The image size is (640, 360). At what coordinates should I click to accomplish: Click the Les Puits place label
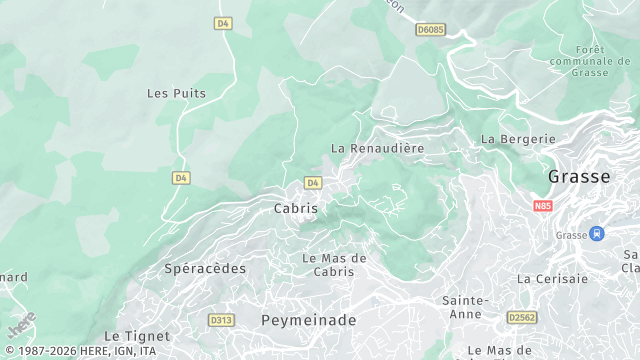tap(176, 93)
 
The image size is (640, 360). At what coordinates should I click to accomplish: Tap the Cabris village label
tap(296, 209)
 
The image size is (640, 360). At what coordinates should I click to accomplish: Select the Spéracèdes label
tap(204, 269)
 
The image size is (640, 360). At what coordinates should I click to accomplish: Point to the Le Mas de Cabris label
tap(334, 265)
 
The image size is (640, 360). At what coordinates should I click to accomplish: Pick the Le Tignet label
tap(137, 337)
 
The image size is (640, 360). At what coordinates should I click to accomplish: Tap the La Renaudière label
tap(378, 148)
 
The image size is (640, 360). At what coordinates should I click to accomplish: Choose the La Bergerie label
tap(517, 139)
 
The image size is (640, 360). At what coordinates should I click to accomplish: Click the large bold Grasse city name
tap(579, 177)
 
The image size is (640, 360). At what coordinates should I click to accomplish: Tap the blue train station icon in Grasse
tap(597, 234)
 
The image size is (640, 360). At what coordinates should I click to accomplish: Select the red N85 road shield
tap(543, 206)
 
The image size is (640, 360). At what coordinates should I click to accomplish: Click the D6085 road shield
tap(430, 30)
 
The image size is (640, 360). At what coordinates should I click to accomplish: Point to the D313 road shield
tap(221, 320)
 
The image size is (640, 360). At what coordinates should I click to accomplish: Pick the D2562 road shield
tap(522, 317)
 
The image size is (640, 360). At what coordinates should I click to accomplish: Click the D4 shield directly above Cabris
tap(313, 183)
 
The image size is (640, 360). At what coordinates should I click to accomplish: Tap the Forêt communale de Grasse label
tap(591, 61)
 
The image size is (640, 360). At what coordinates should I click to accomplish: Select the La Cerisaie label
tap(552, 279)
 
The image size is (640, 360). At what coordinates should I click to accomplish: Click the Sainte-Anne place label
tap(465, 307)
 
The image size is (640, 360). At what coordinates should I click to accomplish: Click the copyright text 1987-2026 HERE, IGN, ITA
tap(79, 352)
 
